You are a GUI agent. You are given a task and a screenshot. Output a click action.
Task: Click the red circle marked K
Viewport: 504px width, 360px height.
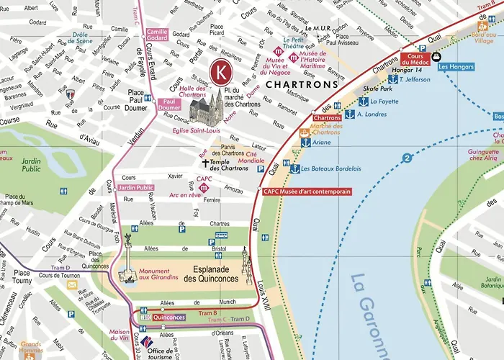pos(222,73)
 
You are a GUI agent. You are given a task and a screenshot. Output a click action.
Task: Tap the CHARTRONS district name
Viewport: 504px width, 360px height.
pos(302,84)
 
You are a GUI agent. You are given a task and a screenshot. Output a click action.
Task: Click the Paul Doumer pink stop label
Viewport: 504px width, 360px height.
pos(170,105)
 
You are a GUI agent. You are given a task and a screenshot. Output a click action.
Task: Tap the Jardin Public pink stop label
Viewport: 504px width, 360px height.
pos(135,188)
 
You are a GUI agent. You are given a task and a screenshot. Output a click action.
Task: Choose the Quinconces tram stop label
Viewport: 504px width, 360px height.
pos(170,317)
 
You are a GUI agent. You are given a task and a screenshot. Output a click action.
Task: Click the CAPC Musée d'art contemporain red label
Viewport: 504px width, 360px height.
pos(307,192)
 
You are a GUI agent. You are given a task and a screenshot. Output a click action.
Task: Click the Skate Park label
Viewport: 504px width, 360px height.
pos(377,89)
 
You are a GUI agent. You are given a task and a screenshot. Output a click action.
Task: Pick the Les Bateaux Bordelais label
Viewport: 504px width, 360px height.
pos(326,169)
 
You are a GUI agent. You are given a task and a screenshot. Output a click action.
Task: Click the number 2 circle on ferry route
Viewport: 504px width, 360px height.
pos(407,158)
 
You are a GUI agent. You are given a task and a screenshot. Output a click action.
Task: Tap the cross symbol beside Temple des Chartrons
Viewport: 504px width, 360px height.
pos(204,163)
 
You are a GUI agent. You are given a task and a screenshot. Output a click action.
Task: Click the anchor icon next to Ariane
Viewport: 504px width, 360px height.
pos(305,143)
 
